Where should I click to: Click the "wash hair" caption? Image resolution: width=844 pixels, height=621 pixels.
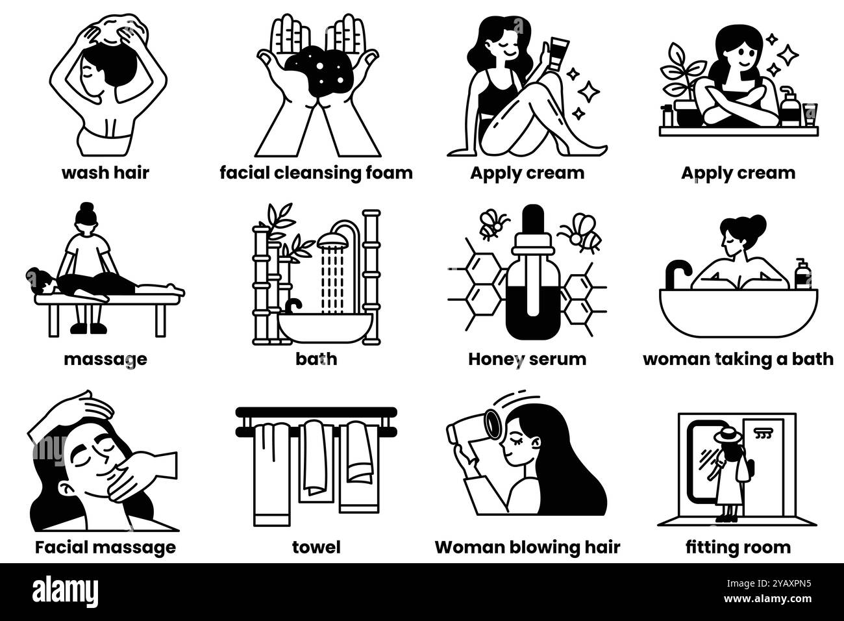pyautogui.click(x=105, y=173)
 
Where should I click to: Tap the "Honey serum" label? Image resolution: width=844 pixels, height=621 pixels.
pyautogui.click(x=527, y=359)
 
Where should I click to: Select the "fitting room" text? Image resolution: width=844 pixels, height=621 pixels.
pyautogui.click(x=738, y=548)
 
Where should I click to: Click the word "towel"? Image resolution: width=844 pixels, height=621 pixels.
pyautogui.click(x=316, y=548)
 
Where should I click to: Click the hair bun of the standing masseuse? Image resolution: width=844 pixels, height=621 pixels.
pyautogui.click(x=86, y=207)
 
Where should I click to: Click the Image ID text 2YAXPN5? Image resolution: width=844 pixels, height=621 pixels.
pyautogui.click(x=768, y=584)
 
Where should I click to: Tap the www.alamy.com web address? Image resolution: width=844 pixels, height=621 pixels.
pyautogui.click(x=767, y=599)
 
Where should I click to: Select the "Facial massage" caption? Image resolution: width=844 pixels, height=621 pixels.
pyautogui.click(x=105, y=548)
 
